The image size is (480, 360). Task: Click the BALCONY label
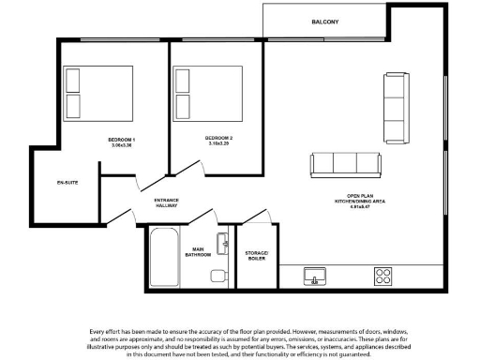pyautogui.click(x=325, y=22)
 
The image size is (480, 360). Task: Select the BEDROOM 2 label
pyautogui.click(x=218, y=139)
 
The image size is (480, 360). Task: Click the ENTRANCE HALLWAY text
pyautogui.click(x=166, y=203)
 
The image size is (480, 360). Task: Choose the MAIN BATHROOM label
pyautogui.click(x=198, y=250)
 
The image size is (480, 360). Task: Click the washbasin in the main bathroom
pyautogui.click(x=224, y=243)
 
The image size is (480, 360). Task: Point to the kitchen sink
pyautogui.click(x=316, y=276)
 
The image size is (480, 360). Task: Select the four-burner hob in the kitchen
pyautogui.click(x=383, y=276)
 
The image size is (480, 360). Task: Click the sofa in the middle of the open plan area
pyautogui.click(x=347, y=165)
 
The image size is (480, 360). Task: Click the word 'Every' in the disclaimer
pyautogui.click(x=98, y=332)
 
